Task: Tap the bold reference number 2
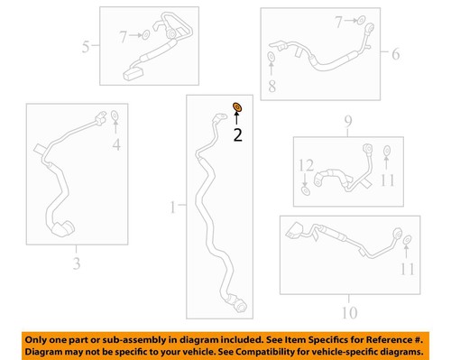tap(237, 136)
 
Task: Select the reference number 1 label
tap(172, 208)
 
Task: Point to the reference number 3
tap(77, 263)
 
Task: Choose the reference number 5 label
tap(85, 46)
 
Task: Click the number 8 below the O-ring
tap(272, 86)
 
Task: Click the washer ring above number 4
tap(115, 115)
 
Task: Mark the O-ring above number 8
tap(272, 60)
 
